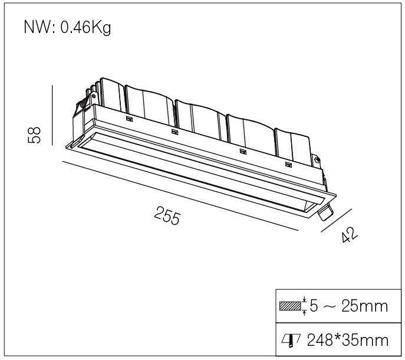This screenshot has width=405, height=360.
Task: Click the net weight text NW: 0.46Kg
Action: [67, 27]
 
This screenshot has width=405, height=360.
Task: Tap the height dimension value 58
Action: [34, 135]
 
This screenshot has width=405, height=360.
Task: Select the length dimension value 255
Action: [167, 215]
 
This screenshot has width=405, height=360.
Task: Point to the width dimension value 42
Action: [349, 235]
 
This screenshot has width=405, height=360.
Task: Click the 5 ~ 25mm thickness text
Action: [348, 306]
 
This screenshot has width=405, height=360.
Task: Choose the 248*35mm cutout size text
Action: [348, 340]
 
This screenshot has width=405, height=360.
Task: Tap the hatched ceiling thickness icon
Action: [290, 306]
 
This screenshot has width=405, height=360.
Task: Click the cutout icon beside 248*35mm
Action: [291, 340]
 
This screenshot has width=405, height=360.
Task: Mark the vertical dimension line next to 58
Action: [52, 115]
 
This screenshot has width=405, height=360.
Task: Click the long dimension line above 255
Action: [180, 196]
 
